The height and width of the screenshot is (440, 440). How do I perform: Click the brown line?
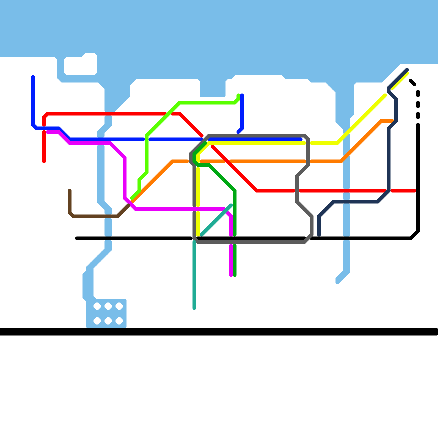pos(94,216)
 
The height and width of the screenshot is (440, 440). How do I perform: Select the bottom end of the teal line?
pos(194,308)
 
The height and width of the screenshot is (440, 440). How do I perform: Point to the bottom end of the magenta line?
pos(231,275)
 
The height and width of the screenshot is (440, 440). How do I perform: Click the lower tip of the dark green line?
pos(235,275)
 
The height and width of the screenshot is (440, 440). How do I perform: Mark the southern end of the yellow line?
pos(198,235)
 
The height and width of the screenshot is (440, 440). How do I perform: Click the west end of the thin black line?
pos(77,238)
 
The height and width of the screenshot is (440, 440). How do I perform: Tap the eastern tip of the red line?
pos(414,191)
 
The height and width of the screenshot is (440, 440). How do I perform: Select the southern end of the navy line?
pos(319,235)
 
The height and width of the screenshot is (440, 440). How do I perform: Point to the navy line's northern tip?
pos(407,70)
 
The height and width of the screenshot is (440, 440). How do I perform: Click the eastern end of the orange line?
pos(393,121)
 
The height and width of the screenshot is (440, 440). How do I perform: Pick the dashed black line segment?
pos(418,105)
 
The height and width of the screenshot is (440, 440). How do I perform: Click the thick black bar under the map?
pos(220,332)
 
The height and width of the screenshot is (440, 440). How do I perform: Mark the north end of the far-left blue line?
pos(33,77)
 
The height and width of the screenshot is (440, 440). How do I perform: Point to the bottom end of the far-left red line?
pos(44,161)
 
